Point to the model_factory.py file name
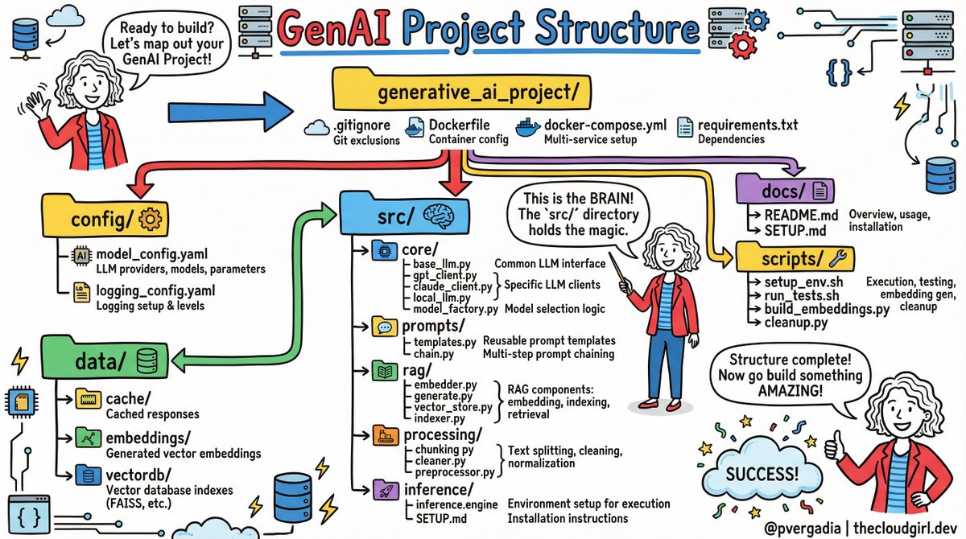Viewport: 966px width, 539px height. point(456,309)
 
